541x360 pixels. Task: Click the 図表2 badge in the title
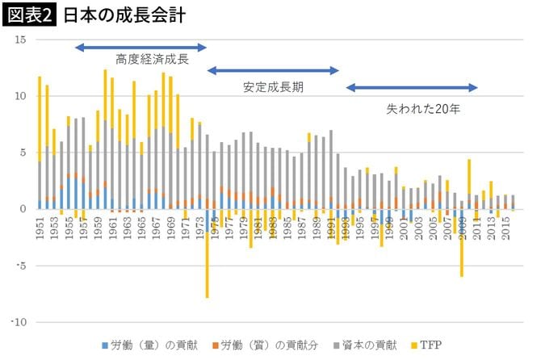(x=30, y=15)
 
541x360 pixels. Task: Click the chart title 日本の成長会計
(x=118, y=15)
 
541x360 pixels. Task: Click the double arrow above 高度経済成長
(x=141, y=48)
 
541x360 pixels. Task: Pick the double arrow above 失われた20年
(x=412, y=88)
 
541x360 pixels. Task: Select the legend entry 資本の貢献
(x=368, y=345)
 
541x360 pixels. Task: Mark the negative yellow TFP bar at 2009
(x=462, y=250)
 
